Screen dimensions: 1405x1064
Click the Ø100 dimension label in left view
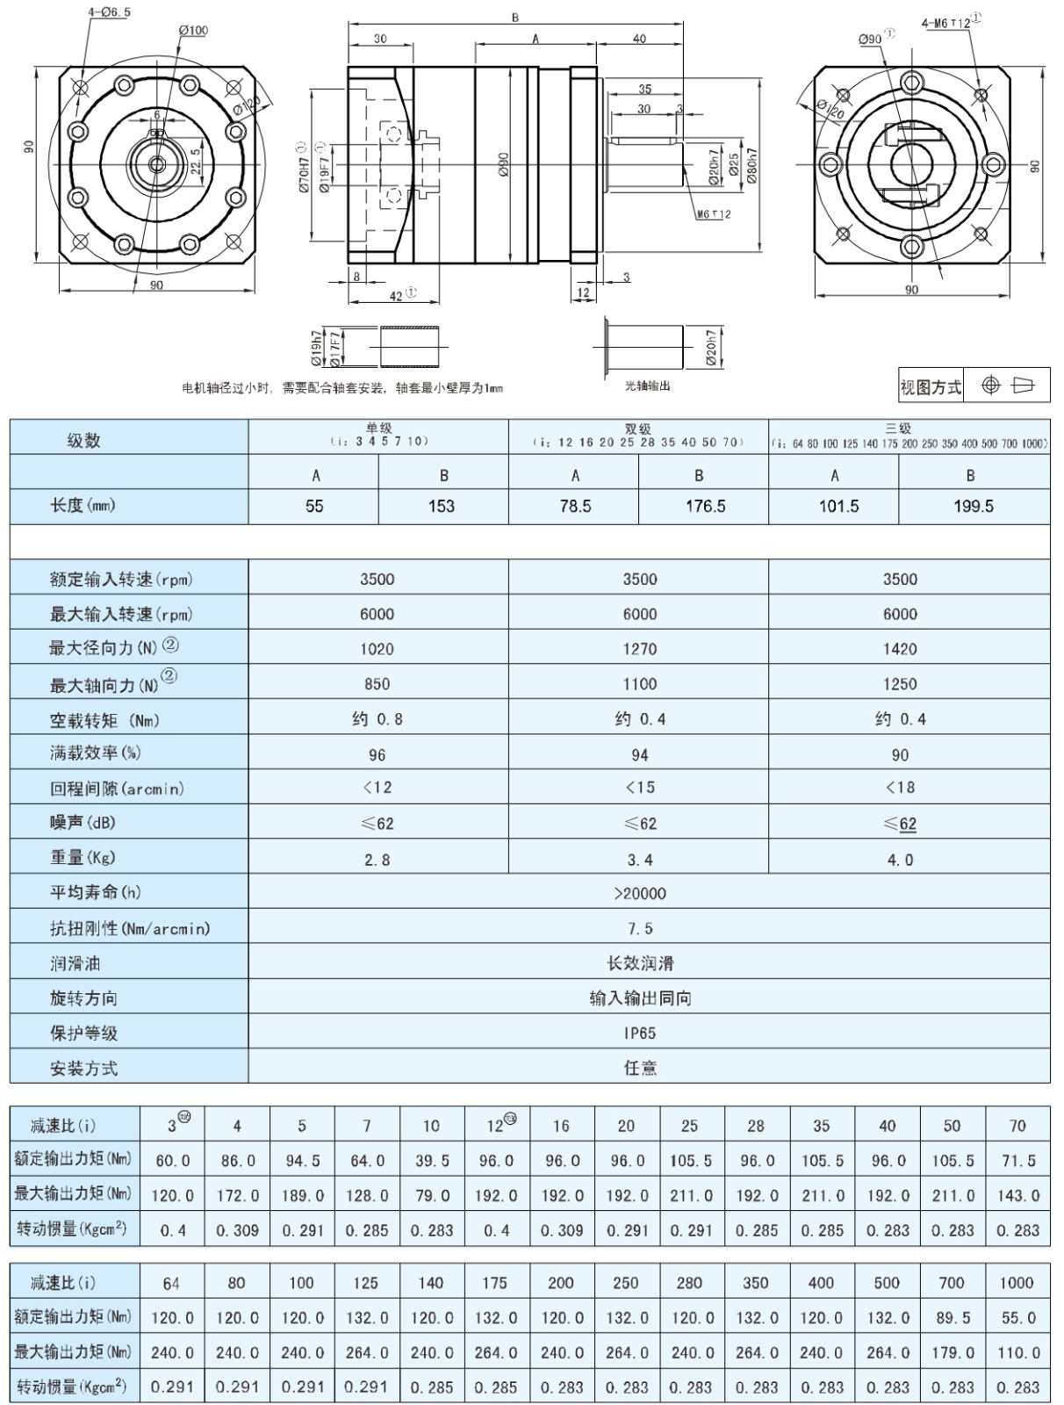[x=193, y=31]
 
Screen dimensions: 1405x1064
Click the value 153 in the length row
[x=442, y=506]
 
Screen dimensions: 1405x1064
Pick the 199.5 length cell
[x=974, y=506]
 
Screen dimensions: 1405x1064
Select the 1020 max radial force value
[x=377, y=649]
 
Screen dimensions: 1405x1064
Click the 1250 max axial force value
[x=900, y=684]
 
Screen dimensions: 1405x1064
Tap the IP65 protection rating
[x=640, y=1034]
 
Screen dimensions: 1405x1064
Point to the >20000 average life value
[x=640, y=894]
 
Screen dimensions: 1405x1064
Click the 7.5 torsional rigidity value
[x=640, y=929]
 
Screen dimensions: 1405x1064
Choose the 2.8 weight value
[x=377, y=860]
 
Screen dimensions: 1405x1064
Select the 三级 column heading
[x=898, y=429]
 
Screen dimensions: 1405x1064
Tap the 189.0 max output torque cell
[x=303, y=1196]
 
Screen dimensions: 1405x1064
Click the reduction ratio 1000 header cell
[x=1017, y=1283]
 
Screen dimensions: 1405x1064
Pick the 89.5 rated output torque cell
[x=953, y=1318]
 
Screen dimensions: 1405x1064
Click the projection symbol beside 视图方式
[x=1006, y=385]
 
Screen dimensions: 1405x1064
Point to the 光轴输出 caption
[x=647, y=386]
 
